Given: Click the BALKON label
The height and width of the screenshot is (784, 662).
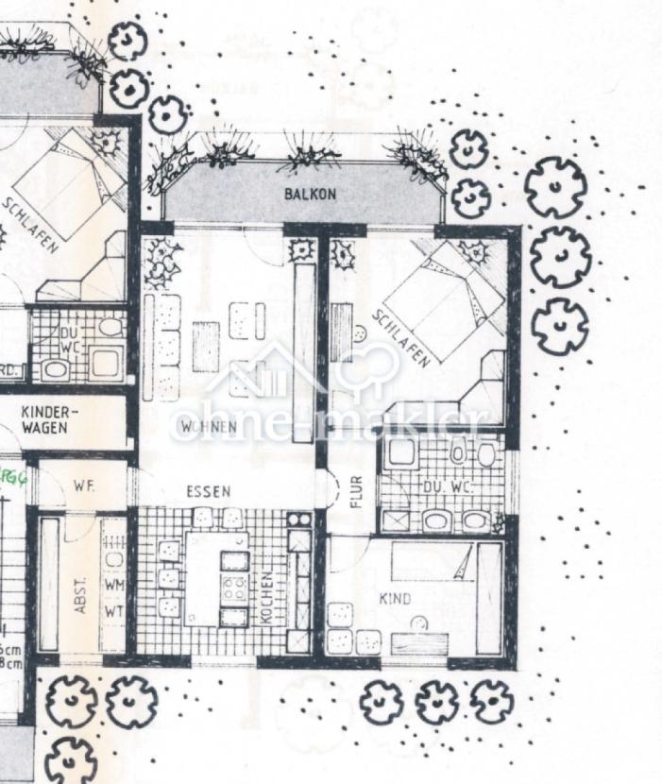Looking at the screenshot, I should [310, 195].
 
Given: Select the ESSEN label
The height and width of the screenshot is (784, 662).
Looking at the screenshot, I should [209, 492].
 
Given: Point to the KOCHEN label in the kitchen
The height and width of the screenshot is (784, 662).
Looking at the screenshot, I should [268, 595].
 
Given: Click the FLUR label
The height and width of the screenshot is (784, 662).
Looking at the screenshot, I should [356, 492].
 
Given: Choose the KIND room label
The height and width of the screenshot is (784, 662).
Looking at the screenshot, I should [395, 599].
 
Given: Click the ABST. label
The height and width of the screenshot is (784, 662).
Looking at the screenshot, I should [81, 596].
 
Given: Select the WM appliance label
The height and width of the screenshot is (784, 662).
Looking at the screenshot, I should [114, 586].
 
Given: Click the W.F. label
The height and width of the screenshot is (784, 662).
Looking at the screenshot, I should [82, 486].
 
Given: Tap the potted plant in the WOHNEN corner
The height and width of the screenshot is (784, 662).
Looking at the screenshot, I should [166, 263].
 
